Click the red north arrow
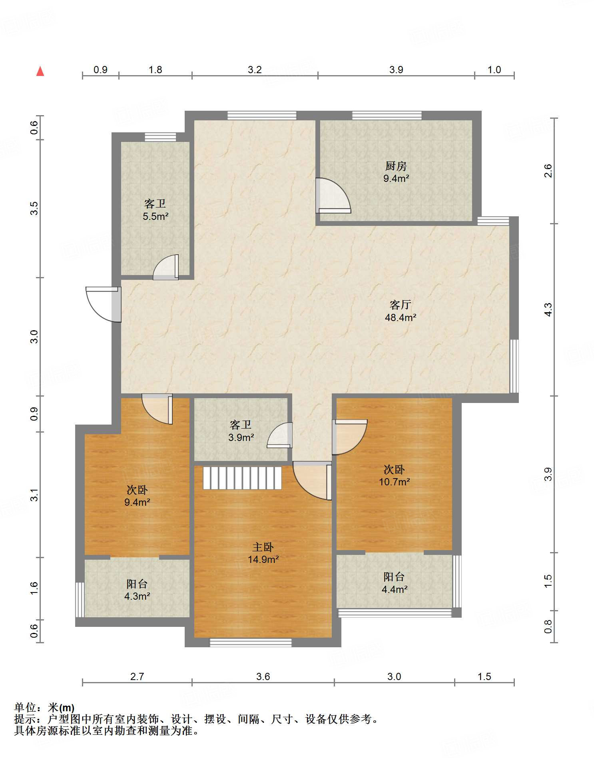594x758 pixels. click(x=40, y=71)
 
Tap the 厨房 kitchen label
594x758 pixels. click(x=396, y=166)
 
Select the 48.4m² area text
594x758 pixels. click(x=401, y=317)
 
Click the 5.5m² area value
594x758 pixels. click(x=155, y=216)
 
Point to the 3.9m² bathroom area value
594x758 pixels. click(x=241, y=437)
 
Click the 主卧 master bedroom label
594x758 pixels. click(x=263, y=547)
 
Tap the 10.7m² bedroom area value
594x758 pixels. click(x=395, y=482)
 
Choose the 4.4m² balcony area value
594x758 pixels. click(x=395, y=589)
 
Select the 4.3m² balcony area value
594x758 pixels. click(x=137, y=596)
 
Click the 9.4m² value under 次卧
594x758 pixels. click(x=137, y=502)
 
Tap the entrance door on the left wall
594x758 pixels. click(x=104, y=304)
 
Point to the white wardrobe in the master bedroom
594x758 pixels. click(x=242, y=478)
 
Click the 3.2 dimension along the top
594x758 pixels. click(x=255, y=70)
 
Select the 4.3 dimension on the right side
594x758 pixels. click(x=548, y=310)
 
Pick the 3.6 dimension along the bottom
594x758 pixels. click(x=263, y=676)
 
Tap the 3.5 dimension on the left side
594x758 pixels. click(x=34, y=208)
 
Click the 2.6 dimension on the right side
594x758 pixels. click(x=548, y=171)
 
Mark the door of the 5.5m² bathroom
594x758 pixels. click(x=165, y=267)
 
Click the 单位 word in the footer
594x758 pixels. click(x=25, y=708)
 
